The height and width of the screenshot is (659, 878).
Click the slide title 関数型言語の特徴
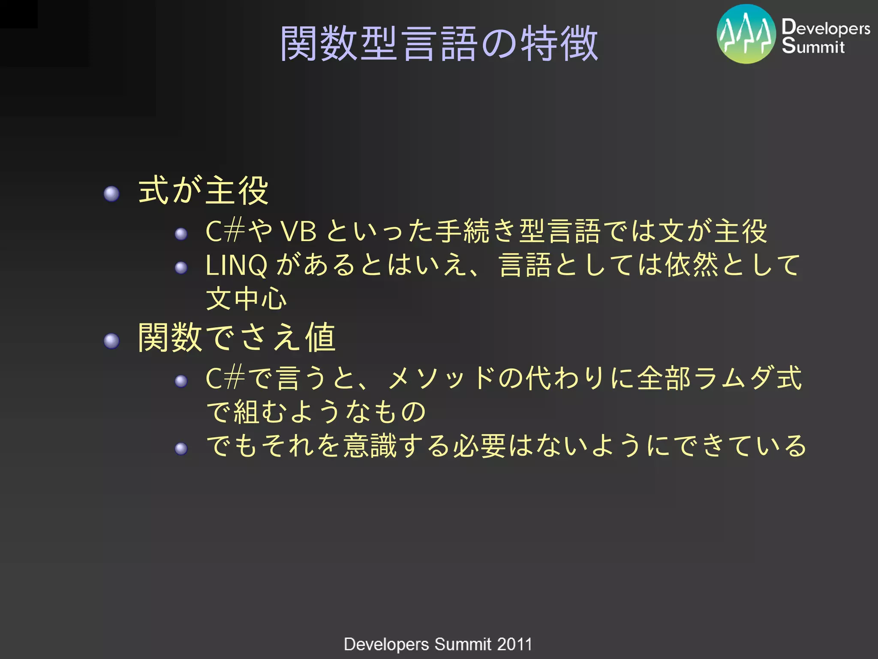[x=439, y=43]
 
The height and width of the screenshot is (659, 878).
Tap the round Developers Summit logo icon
[x=746, y=34]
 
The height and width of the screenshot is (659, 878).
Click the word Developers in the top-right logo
[x=826, y=27]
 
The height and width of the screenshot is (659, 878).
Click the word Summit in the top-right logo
[x=813, y=46]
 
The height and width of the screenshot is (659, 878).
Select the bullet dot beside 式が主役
[x=111, y=194]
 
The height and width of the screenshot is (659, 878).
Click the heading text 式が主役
[x=203, y=190]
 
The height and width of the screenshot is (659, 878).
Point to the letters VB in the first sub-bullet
[x=298, y=232]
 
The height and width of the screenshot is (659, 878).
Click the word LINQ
[x=236, y=266]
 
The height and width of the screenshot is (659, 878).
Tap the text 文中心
[x=246, y=299]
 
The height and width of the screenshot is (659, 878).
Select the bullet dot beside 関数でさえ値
[x=111, y=341]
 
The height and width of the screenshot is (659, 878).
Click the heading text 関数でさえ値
[x=237, y=338]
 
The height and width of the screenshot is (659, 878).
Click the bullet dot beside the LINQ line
[x=181, y=268]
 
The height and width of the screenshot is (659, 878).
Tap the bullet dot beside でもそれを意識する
[x=181, y=449]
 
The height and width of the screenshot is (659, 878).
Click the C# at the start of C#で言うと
[x=225, y=378]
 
